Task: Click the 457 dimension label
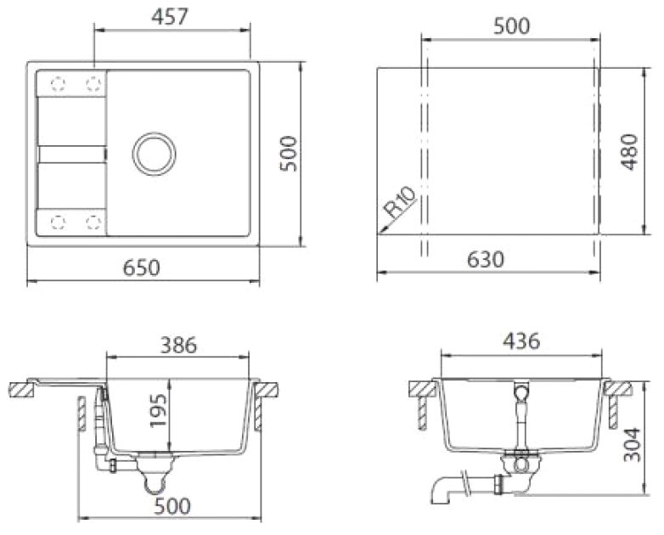tap(169, 17)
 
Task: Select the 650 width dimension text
tap(142, 267)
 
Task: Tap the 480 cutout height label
tap(630, 152)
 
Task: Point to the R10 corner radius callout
tap(401, 202)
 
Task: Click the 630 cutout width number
tap(486, 259)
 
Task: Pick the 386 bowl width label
tap(178, 345)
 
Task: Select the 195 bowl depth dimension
tap(159, 411)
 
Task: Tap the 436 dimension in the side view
tap(521, 341)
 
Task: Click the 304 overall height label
tap(633, 444)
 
